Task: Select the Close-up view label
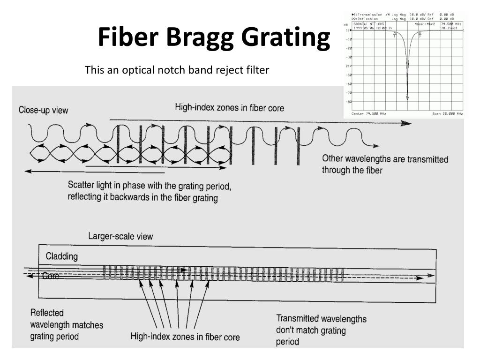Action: (x=43, y=110)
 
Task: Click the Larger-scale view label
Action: (x=120, y=236)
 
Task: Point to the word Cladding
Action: (x=61, y=256)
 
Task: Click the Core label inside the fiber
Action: (x=51, y=276)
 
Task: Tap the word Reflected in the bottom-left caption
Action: (x=47, y=313)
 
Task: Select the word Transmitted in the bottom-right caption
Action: (x=301, y=319)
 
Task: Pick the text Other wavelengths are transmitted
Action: (x=385, y=159)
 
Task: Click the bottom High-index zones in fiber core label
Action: (x=185, y=337)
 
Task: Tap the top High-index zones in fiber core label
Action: (x=229, y=107)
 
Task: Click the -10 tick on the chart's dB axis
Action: (x=349, y=39)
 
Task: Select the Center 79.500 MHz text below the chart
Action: (x=368, y=114)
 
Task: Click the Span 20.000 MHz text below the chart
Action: (x=447, y=114)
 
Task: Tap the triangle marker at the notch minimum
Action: (x=407, y=97)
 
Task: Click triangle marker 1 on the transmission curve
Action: (x=395, y=33)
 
